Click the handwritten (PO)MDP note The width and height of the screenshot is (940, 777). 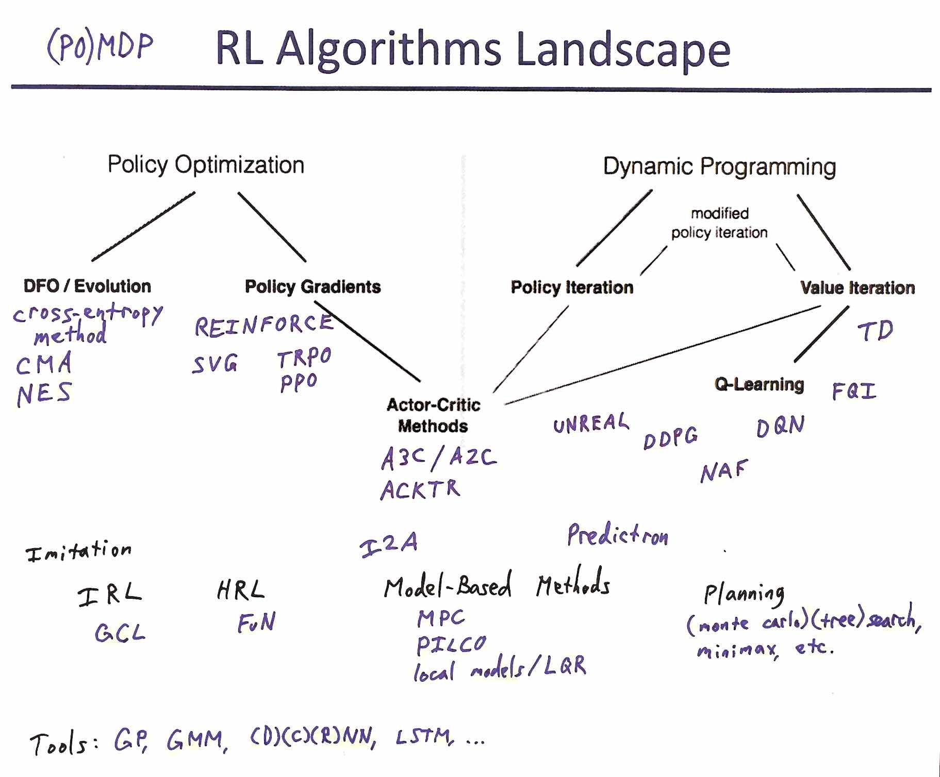point(100,47)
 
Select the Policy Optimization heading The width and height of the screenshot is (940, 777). point(206,165)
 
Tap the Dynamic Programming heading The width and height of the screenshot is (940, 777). point(719,166)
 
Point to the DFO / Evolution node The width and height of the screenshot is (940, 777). point(87,286)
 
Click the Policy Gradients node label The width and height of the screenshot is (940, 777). point(312,286)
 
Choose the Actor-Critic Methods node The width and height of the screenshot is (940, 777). point(433,415)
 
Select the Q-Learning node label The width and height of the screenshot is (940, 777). point(759,384)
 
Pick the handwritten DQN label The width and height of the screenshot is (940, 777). point(780,426)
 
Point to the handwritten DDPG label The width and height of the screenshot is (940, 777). point(670,437)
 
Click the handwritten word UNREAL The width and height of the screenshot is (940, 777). point(591,424)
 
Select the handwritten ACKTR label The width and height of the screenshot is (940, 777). point(420,489)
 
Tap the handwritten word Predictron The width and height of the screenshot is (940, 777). point(617,536)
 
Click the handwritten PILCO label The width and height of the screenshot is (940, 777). point(451,644)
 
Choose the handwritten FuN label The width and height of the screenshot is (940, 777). point(256,622)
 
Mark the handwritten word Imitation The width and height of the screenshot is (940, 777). point(79,551)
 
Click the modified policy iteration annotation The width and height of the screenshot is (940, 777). point(719,223)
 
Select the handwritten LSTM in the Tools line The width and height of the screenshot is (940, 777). point(425,737)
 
